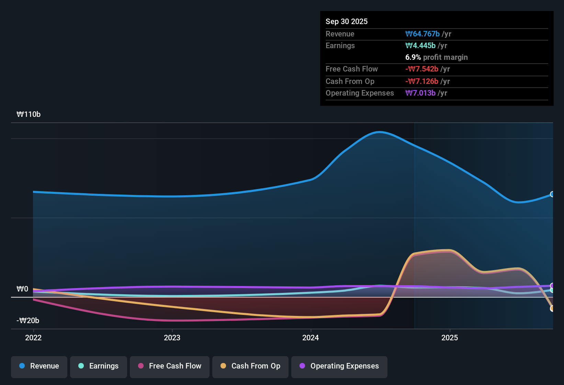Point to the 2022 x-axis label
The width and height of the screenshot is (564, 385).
click(33, 338)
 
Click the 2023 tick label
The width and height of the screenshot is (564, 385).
click(172, 338)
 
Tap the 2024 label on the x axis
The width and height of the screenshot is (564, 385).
click(311, 338)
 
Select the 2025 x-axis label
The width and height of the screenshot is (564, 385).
click(449, 338)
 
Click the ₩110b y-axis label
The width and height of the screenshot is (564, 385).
click(29, 114)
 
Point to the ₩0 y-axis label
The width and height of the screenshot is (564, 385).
click(22, 289)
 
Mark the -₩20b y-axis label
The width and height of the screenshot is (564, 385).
click(28, 320)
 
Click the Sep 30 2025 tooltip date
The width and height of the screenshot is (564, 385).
click(347, 21)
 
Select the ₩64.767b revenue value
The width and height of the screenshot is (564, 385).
click(422, 34)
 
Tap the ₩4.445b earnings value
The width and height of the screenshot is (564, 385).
click(420, 46)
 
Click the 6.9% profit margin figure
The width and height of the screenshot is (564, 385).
click(413, 57)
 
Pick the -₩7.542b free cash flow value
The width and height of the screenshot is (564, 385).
click(421, 69)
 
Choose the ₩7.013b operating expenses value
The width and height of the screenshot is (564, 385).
click(420, 93)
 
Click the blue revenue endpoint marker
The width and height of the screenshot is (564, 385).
click(552, 194)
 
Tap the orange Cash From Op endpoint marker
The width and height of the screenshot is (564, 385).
click(552, 308)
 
